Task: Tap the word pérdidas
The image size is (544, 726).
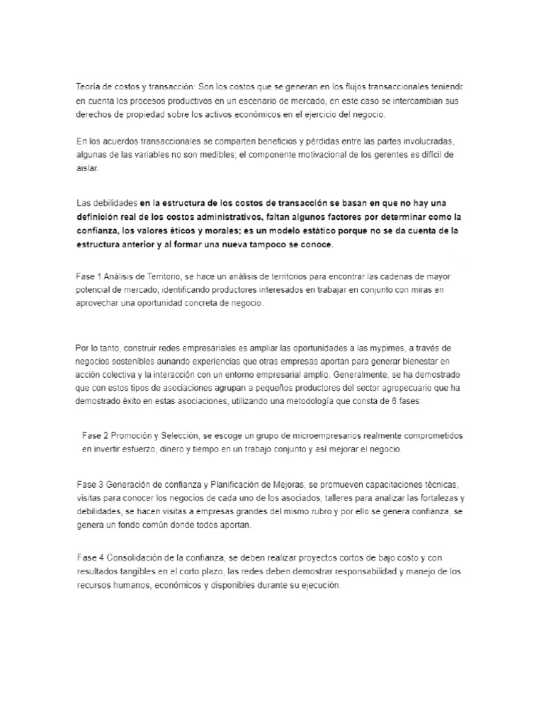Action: click(x=323, y=141)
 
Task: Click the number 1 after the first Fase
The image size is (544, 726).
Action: click(x=98, y=276)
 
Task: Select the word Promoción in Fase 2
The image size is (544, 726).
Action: click(x=132, y=435)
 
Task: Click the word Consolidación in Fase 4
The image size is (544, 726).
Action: click(x=138, y=559)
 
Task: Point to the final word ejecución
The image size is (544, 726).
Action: click(x=322, y=586)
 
